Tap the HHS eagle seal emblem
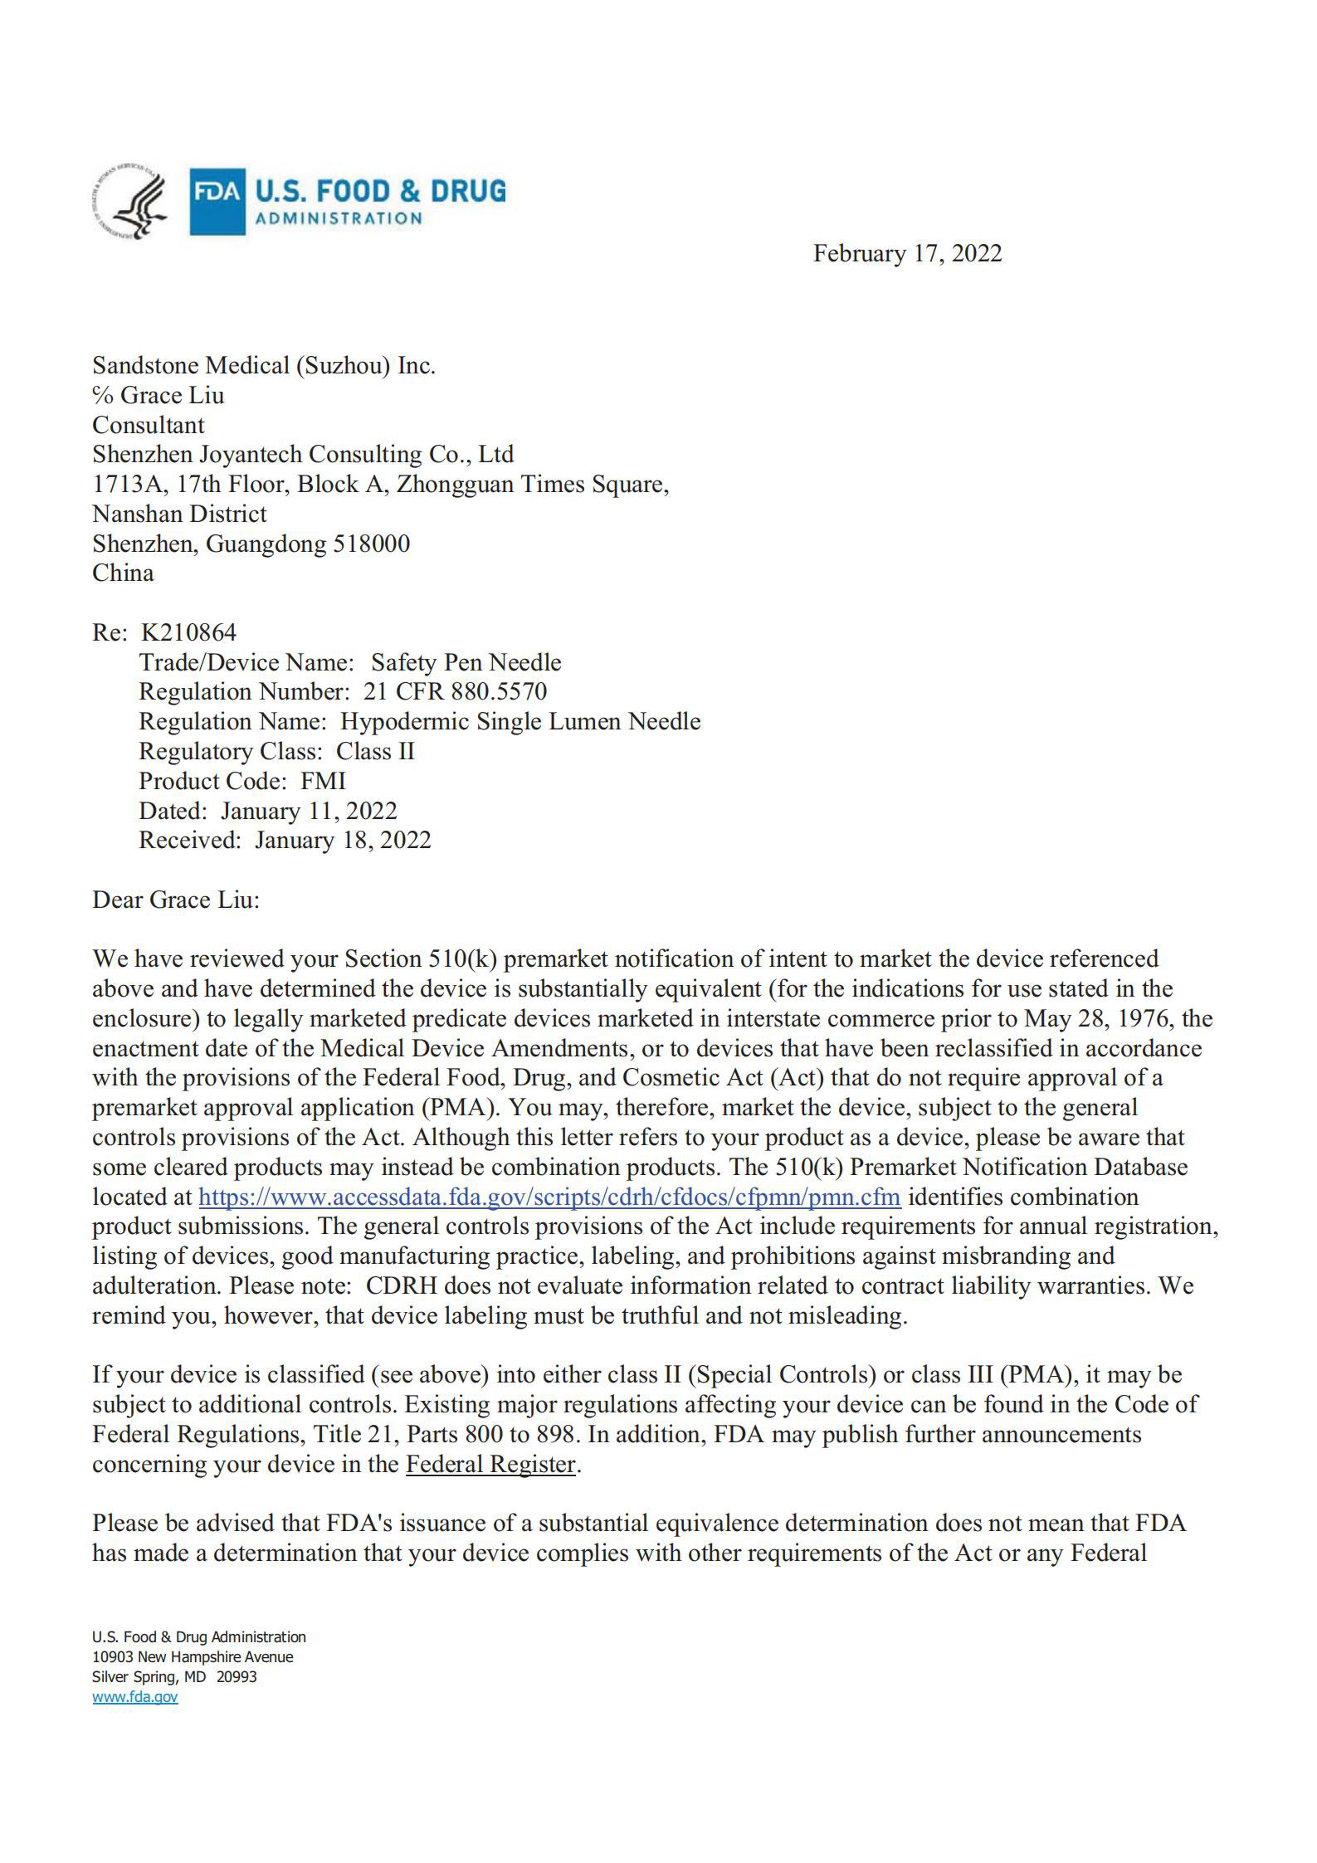pos(130,201)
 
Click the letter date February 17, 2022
pos(907,253)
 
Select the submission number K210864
pos(188,632)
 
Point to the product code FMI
pos(323,781)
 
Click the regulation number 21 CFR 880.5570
pos(455,691)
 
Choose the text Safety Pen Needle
pos(466,662)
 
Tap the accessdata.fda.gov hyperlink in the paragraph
pos(549,1197)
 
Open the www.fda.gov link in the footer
pos(134,1696)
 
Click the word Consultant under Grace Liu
pos(148,425)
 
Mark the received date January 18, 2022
pos(343,840)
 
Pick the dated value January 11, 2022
pos(309,810)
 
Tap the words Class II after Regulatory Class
pos(375,751)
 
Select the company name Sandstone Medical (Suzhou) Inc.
pos(264,365)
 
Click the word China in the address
pos(123,573)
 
